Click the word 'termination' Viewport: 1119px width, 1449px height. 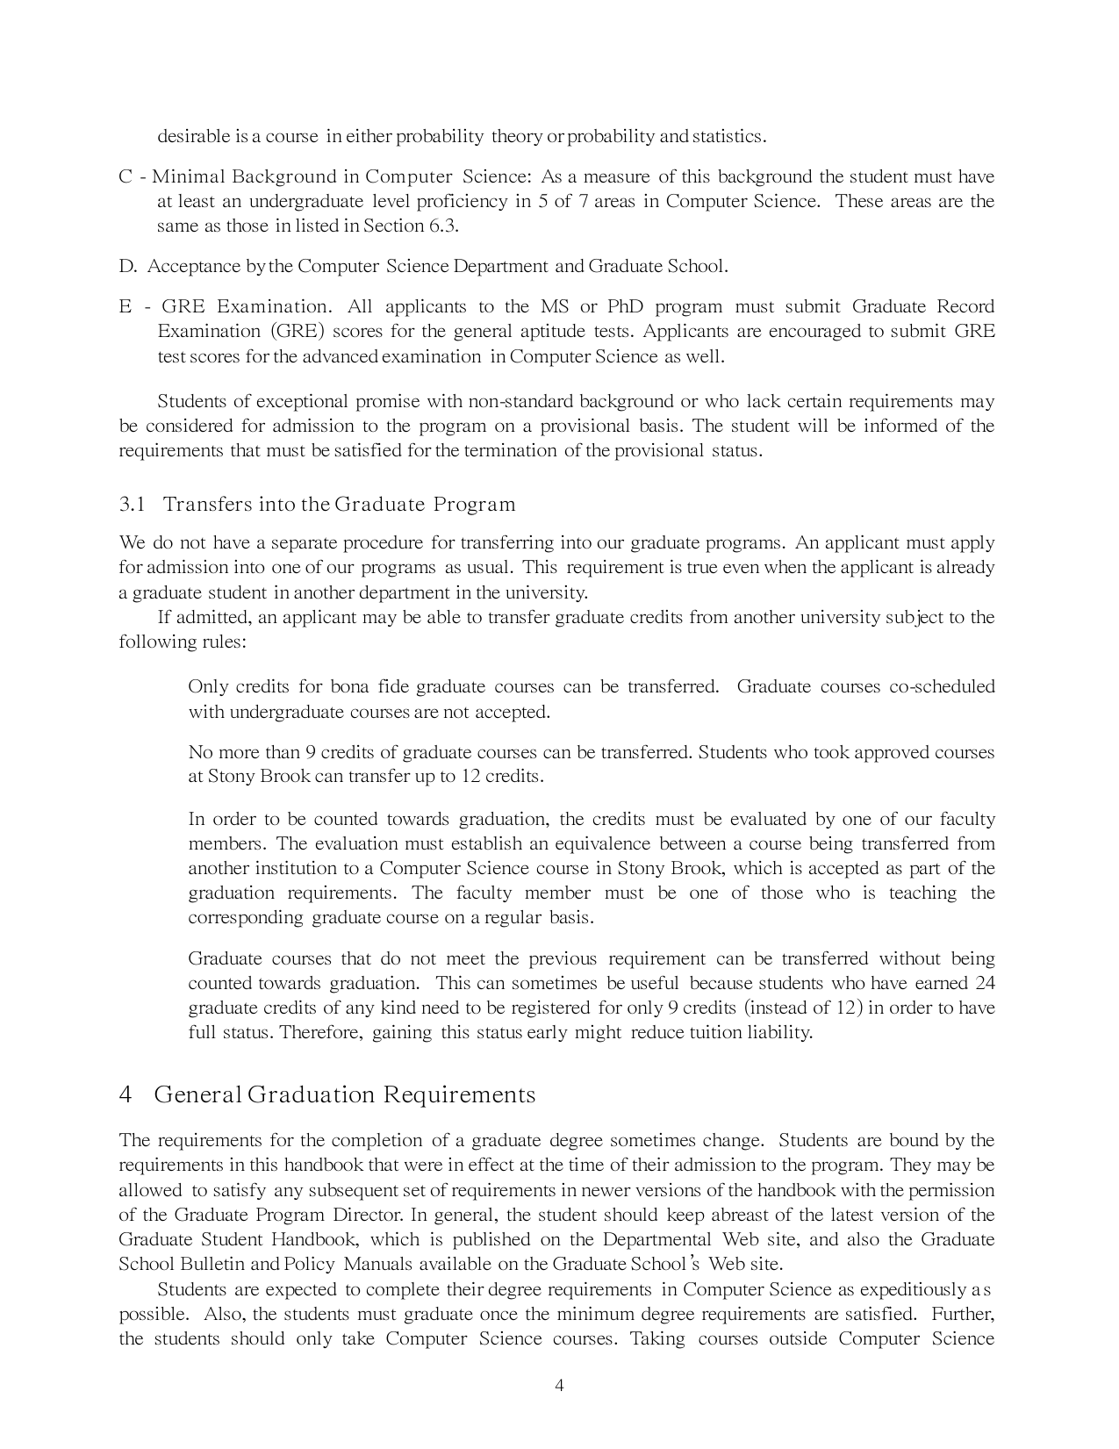point(510,451)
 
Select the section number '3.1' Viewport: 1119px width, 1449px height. point(132,505)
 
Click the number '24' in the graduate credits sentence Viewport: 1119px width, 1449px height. point(985,983)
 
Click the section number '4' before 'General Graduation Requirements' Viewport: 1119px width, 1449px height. point(126,1095)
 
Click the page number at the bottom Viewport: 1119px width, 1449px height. point(559,1386)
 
